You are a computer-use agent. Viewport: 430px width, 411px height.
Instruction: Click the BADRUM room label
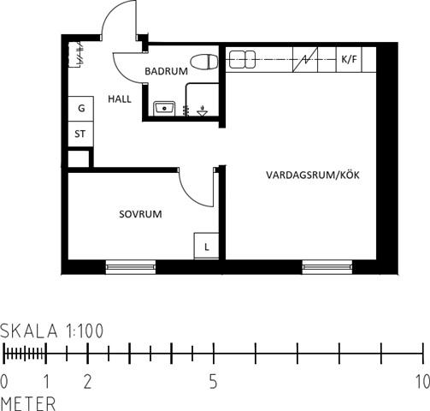tap(167, 71)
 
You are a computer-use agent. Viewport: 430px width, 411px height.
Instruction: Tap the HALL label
tap(120, 99)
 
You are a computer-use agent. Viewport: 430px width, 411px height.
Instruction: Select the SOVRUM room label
tap(140, 214)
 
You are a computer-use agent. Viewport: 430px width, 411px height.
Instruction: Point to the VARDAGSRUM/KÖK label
tap(313, 175)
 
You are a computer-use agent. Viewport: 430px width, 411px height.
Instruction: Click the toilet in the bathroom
tap(204, 62)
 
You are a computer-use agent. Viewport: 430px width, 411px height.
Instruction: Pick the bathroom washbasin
tap(164, 109)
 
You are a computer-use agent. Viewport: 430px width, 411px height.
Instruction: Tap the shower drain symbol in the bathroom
tap(203, 111)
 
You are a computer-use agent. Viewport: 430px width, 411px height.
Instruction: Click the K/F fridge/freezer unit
tap(349, 59)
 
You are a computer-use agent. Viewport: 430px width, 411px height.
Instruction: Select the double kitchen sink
tap(242, 59)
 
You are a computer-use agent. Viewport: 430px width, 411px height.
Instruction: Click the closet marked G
tap(81, 109)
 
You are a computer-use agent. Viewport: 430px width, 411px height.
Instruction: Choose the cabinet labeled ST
tap(81, 134)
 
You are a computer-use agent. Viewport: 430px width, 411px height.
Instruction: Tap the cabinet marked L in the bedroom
tap(206, 246)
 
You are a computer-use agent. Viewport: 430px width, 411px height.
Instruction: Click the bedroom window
tap(131, 267)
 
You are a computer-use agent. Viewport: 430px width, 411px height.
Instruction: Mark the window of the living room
tap(327, 267)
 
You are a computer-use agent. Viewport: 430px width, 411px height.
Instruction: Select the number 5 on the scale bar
tap(214, 382)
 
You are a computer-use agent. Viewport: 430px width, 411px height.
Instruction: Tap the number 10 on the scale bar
tap(423, 382)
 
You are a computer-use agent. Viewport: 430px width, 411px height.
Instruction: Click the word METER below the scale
tap(28, 403)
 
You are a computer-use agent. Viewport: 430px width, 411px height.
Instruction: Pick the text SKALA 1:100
tap(51, 331)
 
